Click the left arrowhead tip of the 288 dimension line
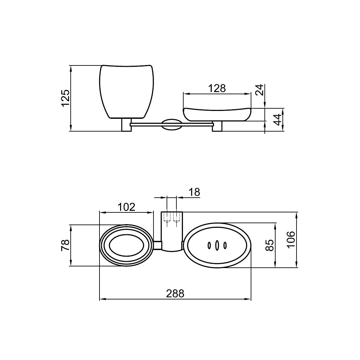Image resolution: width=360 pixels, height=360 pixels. pos(99,299)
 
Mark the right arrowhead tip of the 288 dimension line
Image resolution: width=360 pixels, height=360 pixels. pos(251,299)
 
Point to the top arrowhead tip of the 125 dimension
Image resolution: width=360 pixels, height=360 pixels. pos(71,66)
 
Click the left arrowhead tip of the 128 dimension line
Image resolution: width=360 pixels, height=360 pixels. pos(183,94)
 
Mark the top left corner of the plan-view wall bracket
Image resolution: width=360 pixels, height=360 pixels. pos(161,212)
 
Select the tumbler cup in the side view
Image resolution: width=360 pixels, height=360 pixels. pos(127,92)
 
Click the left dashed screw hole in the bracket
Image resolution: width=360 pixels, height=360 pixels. pos(167,217)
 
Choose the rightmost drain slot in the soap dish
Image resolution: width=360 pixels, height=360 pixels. pos(225,245)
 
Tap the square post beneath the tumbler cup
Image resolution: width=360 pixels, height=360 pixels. pos(127,125)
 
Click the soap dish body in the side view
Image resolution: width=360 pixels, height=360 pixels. pos(217,114)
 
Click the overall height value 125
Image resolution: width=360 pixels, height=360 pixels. pos(65,98)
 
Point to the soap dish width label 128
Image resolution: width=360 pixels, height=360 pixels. pos(217,88)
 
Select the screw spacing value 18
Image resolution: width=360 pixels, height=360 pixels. pos(194,192)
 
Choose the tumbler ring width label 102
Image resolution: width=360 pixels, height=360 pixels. pos(127,207)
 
